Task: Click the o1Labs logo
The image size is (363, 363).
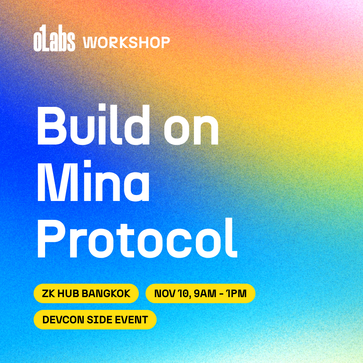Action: (54, 38)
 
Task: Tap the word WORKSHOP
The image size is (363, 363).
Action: (126, 42)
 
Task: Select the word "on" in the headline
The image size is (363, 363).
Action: (191, 129)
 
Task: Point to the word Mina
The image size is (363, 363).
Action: (93, 180)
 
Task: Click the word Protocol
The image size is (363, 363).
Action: (137, 238)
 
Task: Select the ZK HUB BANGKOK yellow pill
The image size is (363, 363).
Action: (86, 293)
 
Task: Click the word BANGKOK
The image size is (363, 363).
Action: (106, 293)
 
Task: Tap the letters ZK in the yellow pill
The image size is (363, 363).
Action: (49, 293)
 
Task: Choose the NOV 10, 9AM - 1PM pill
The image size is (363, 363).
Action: (200, 293)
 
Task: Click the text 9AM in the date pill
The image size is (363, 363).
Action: (205, 293)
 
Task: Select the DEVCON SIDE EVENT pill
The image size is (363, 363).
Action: (95, 320)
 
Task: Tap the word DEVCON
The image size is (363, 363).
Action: (63, 320)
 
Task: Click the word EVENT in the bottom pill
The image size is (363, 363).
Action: (131, 320)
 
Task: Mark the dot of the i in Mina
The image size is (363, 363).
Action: (87, 163)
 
